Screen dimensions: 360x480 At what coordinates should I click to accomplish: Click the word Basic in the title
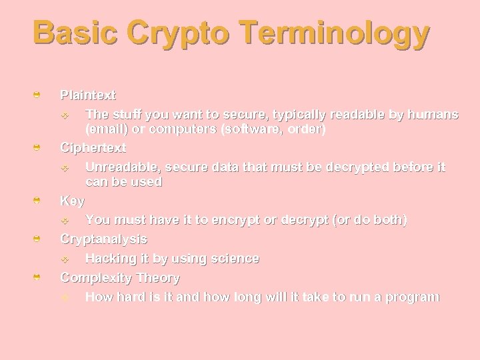pos(75,33)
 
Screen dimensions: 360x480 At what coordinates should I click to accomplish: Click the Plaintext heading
pos(88,95)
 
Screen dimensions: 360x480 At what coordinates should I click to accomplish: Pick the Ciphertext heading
pos(93,147)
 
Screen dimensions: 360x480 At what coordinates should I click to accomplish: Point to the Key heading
pos(73,199)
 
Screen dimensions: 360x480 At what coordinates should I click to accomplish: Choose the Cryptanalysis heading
pos(103,239)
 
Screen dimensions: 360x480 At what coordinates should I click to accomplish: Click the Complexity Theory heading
pos(120,277)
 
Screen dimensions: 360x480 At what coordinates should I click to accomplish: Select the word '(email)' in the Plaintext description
pos(107,129)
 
